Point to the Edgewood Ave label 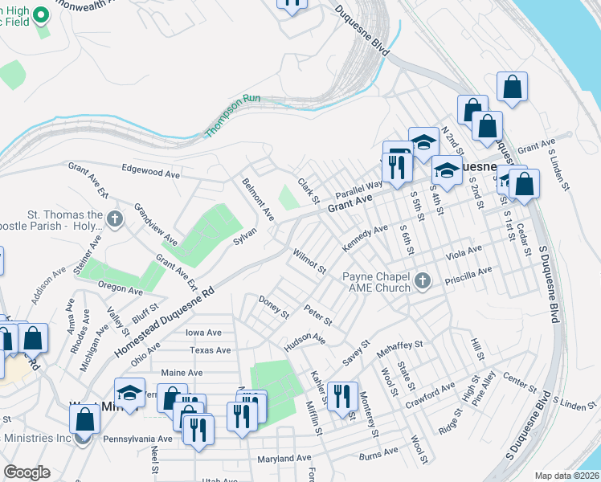151,172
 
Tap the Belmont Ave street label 258,200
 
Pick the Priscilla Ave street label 472,272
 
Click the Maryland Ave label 284,459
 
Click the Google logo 27,472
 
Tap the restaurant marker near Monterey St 343,399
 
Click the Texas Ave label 210,350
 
